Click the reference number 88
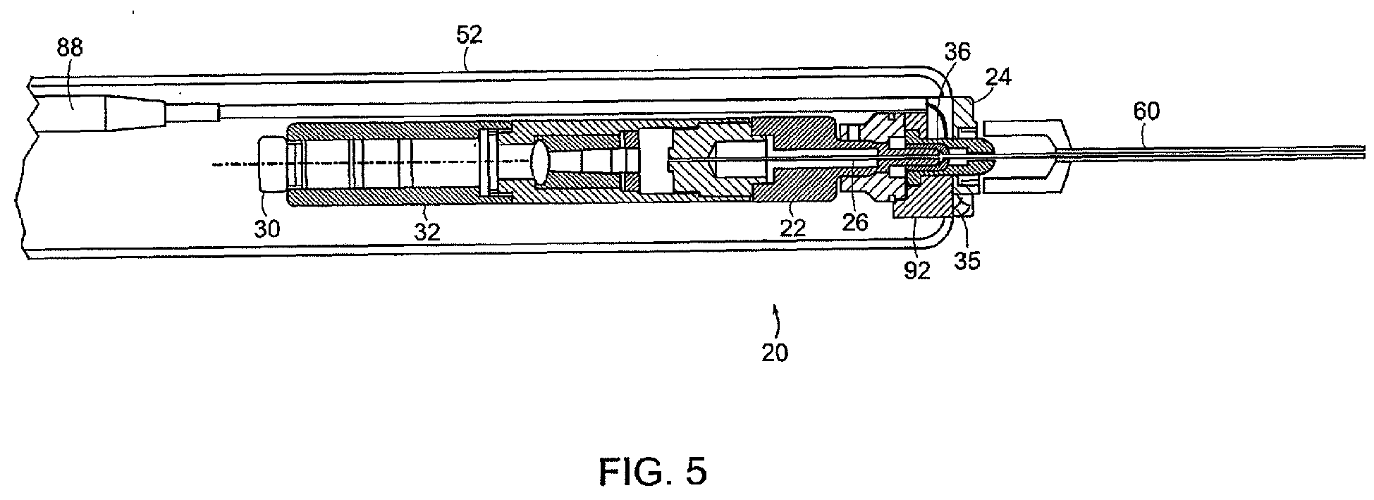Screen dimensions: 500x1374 tap(70, 49)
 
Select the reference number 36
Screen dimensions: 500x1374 tap(957, 51)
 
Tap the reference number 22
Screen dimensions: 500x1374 tap(791, 226)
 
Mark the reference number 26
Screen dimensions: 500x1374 tap(854, 223)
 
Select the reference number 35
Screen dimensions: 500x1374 tap(967, 261)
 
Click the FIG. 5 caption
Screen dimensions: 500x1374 tap(652, 471)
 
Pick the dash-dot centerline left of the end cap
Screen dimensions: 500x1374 tap(236, 164)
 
